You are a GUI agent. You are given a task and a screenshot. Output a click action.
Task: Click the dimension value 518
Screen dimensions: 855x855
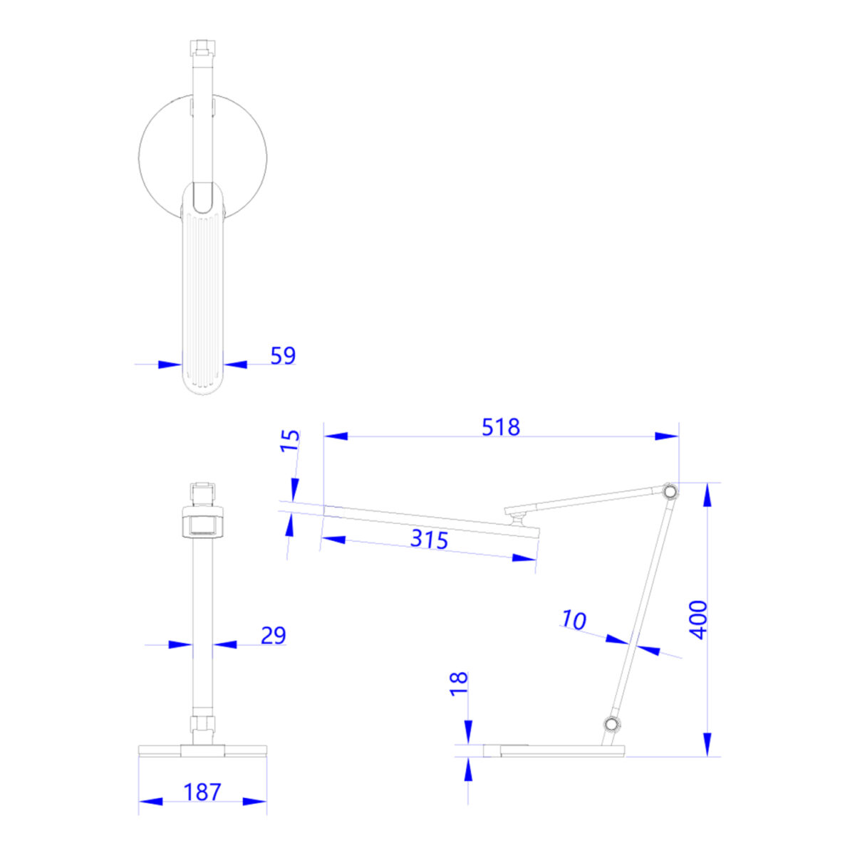501,427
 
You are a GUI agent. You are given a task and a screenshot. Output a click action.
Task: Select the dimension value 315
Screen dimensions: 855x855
429,539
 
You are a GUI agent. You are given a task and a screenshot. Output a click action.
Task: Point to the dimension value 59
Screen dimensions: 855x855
283,355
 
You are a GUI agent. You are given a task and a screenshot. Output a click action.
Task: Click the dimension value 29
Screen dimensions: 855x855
273,635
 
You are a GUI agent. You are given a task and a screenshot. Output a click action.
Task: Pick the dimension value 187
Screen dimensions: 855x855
202,792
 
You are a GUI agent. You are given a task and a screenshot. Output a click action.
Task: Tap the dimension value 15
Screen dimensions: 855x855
290,441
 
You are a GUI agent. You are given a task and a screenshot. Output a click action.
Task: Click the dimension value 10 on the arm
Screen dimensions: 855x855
574,619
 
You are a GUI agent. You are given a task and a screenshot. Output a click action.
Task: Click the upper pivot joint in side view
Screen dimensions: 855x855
669,492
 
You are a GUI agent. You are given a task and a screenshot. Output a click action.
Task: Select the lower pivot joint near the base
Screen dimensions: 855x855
611,725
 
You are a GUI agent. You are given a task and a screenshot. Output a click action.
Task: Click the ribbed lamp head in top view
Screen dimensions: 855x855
202,299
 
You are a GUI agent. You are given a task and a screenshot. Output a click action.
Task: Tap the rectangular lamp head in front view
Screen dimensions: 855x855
202,523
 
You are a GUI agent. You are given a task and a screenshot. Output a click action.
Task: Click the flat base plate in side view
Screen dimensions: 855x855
553,750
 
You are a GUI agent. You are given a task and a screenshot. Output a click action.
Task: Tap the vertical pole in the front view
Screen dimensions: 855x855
202,626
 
